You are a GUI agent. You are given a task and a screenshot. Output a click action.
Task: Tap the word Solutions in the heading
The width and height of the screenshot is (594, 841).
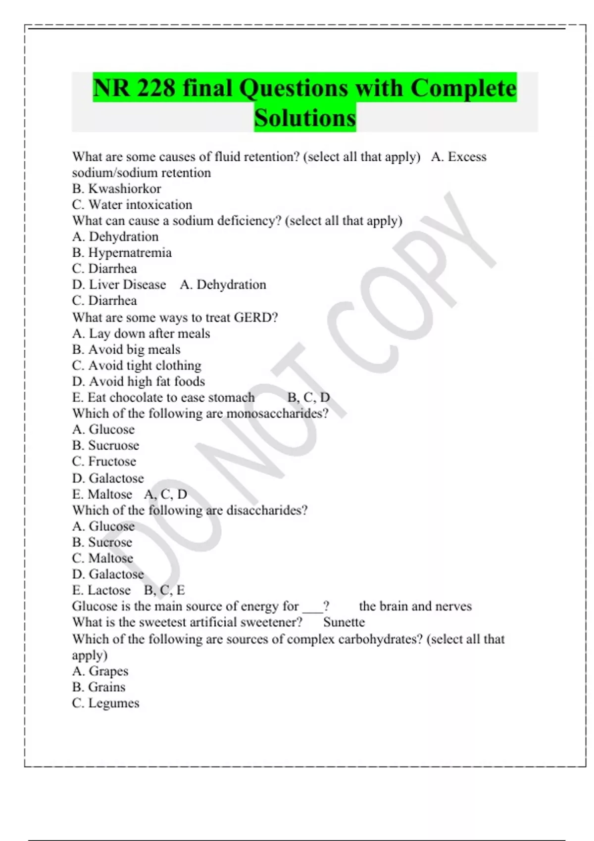305,118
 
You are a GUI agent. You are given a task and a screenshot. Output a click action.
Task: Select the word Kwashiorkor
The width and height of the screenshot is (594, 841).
124,188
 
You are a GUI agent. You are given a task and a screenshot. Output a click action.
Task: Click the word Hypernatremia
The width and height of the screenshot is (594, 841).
130,253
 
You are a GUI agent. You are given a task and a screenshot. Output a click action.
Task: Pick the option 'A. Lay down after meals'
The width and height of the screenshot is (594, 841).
141,333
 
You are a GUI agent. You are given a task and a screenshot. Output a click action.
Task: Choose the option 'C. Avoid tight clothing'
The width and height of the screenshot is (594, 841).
137,366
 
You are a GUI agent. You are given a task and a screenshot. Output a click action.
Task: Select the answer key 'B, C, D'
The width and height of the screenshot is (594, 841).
308,398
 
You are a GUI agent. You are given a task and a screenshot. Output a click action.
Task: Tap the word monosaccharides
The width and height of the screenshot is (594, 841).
277,414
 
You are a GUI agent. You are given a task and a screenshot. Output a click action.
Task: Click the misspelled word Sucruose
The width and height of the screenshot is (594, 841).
113,445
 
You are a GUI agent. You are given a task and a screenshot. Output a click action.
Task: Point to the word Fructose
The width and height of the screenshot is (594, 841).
112,462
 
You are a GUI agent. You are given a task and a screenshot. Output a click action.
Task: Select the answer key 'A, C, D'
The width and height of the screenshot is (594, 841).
166,494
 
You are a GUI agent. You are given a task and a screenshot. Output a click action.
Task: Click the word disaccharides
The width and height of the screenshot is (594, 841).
266,510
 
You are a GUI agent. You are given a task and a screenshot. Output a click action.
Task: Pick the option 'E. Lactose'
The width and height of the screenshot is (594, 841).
101,590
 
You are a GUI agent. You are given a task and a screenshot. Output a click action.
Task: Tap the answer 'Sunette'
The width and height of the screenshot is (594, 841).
344,622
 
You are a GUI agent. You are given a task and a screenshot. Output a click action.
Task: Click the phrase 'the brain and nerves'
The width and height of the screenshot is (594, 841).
415,606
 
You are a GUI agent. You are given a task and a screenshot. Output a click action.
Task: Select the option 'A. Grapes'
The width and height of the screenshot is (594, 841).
100,671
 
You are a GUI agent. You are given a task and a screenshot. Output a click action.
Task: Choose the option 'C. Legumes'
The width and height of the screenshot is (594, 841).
106,703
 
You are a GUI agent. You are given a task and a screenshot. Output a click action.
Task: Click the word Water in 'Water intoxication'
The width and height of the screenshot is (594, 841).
105,205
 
